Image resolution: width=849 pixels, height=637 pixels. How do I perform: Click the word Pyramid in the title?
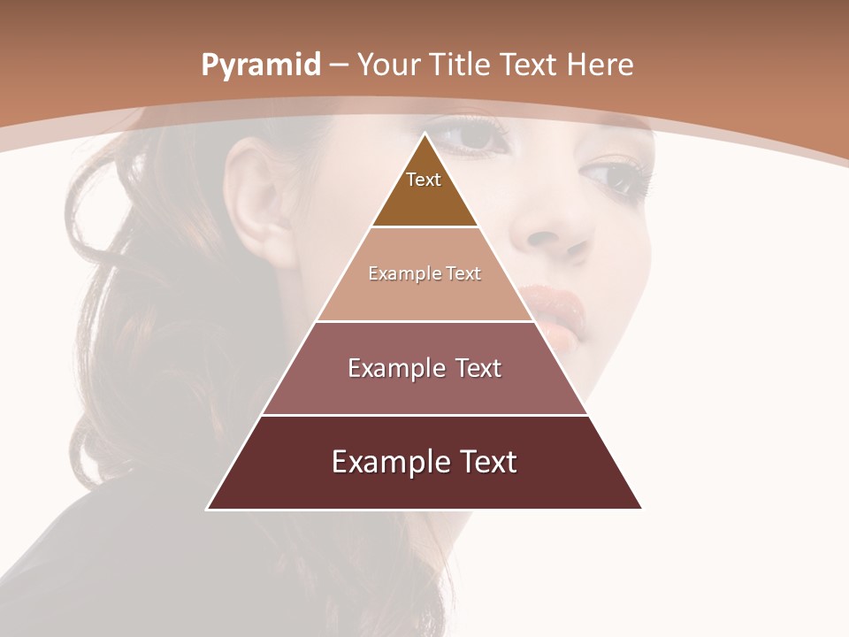pyautogui.click(x=261, y=65)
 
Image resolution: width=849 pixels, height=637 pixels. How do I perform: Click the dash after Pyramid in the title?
pyautogui.click(x=339, y=65)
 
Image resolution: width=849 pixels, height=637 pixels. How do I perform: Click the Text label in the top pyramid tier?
pyautogui.click(x=424, y=180)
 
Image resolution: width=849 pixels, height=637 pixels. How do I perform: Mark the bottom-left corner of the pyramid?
pyautogui.click(x=208, y=509)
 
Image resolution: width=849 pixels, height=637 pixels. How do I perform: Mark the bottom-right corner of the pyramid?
pyautogui.click(x=641, y=509)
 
